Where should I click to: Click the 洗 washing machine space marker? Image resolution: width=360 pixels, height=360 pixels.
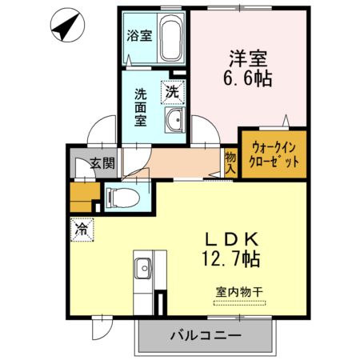pyautogui.click(x=172, y=92)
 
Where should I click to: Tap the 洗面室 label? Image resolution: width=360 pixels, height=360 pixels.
pyautogui.click(x=140, y=106)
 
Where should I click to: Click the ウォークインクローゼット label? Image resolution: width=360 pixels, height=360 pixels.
pyautogui.click(x=274, y=154)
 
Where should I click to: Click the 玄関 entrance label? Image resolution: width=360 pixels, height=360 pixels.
pyautogui.click(x=102, y=164)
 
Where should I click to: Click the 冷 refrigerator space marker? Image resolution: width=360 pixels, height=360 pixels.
pyautogui.click(x=82, y=228)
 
